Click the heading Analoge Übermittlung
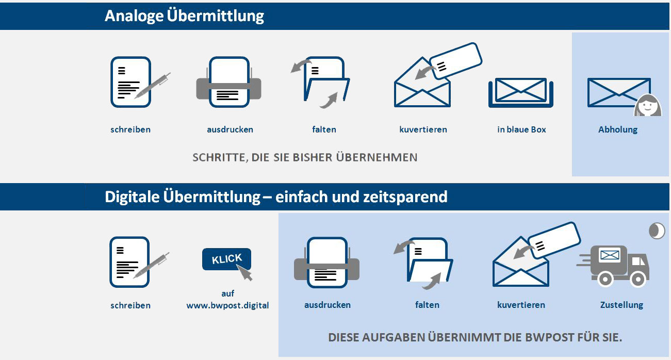184,16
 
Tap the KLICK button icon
226,259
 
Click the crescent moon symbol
656,231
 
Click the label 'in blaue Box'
521,129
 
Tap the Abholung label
617,129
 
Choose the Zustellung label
621,305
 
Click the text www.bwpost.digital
227,305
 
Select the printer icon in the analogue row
228,83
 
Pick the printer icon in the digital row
326,263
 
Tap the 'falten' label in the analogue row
324,129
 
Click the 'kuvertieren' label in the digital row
521,305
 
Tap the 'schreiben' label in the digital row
130,305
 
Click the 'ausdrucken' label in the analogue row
230,129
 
